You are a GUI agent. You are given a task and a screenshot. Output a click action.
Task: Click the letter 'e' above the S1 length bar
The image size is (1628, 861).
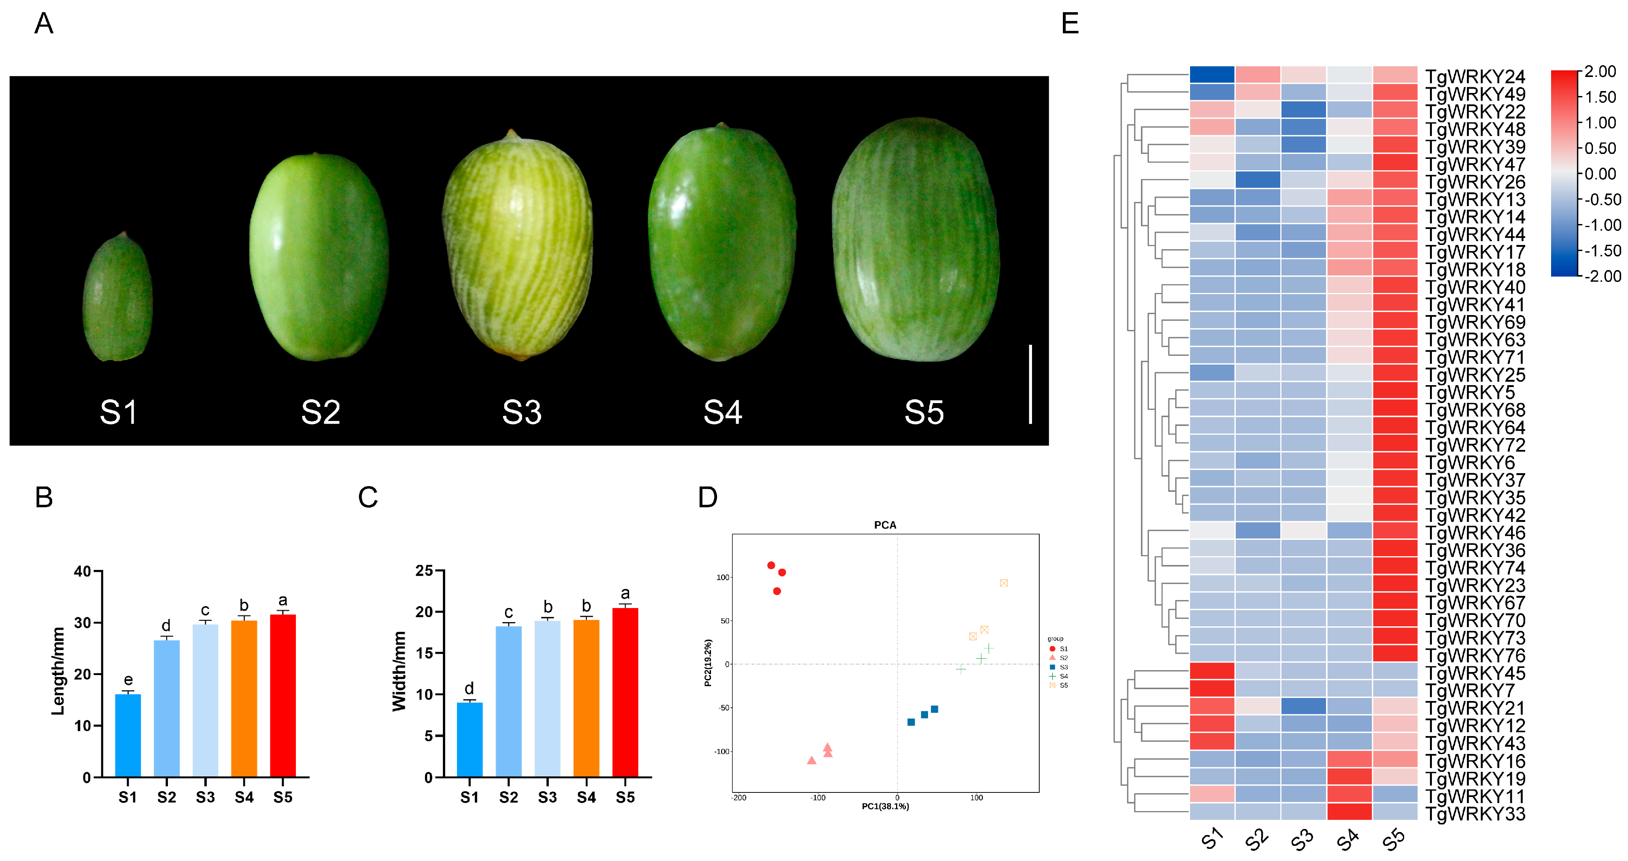(x=128, y=680)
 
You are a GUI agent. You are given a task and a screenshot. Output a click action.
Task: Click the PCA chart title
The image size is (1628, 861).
(x=885, y=525)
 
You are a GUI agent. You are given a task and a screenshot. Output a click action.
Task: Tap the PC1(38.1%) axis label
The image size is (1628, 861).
(x=885, y=807)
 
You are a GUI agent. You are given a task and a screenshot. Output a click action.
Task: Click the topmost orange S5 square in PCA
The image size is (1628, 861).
(x=1003, y=583)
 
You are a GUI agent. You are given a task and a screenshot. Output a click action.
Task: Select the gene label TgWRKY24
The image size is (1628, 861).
(x=1475, y=77)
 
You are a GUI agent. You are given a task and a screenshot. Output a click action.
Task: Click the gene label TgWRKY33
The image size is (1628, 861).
(x=1475, y=814)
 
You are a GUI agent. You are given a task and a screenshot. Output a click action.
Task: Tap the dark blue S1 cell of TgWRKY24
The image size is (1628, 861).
(x=1211, y=75)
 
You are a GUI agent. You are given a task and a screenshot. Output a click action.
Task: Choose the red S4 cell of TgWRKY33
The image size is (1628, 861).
(x=1349, y=812)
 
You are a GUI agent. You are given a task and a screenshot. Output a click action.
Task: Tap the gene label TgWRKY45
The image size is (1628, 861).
(x=1475, y=673)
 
